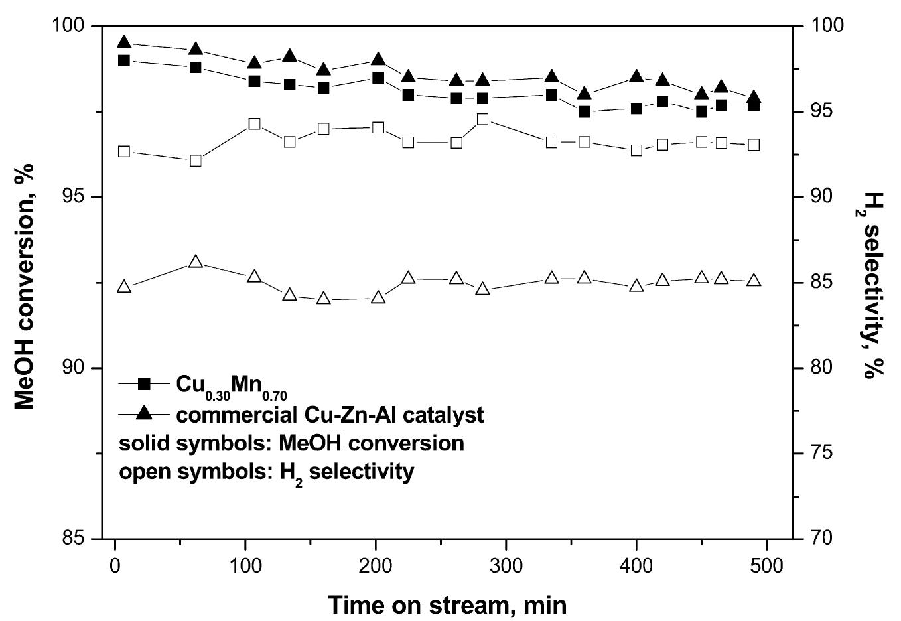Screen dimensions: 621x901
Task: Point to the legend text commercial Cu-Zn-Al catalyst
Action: pos(330,415)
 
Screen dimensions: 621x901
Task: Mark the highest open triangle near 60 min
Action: pos(195,262)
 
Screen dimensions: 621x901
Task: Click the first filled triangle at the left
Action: pos(123,43)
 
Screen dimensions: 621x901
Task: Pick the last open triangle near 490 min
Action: pos(754,281)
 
